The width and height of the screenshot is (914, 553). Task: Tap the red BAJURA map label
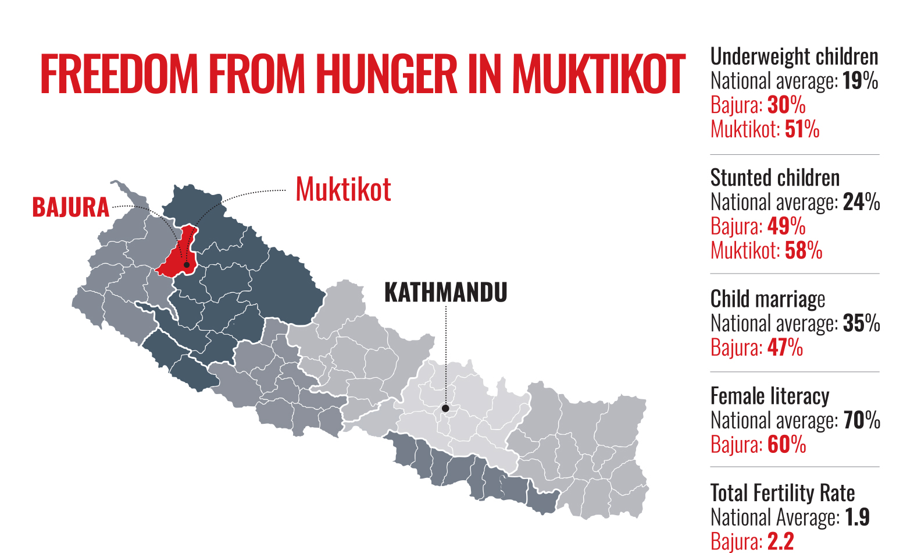[x=71, y=208]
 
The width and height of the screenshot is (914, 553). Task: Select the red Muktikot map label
[x=343, y=190]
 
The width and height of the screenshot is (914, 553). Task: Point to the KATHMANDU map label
[x=446, y=292]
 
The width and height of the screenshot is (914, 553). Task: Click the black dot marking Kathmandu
[x=445, y=409]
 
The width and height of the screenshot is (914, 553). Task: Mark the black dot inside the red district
[x=187, y=265]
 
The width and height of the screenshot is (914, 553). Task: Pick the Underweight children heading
[x=794, y=56]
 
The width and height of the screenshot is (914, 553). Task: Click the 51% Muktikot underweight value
[x=802, y=129]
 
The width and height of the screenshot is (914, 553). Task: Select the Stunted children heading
[x=775, y=178]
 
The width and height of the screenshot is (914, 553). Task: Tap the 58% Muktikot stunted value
[x=804, y=250]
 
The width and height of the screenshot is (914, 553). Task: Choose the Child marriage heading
[x=767, y=299]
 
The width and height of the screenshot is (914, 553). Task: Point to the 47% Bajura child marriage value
[x=785, y=348]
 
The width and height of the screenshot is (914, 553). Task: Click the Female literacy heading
[x=770, y=396]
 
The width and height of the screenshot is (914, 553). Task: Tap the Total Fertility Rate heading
[x=783, y=493]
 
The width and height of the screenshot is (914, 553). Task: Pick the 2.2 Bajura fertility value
[x=780, y=541]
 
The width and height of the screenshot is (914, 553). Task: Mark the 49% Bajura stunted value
[x=786, y=226]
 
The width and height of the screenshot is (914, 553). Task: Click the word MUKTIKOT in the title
[x=599, y=75]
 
